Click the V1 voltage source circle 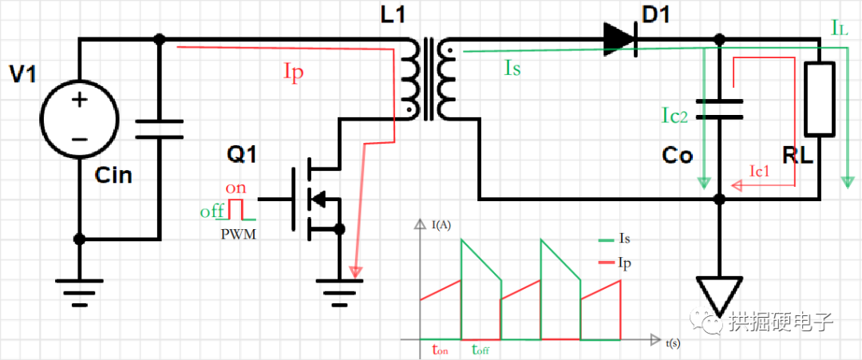pyautogui.click(x=79, y=119)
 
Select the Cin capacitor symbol pyautogui.click(x=159, y=129)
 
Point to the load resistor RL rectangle pyautogui.click(x=820, y=99)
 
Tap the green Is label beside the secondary pyautogui.click(x=512, y=68)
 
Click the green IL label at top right pyautogui.click(x=840, y=29)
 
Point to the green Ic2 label pyautogui.click(x=675, y=117)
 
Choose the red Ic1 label pyautogui.click(x=760, y=170)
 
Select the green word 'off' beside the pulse pyautogui.click(x=212, y=212)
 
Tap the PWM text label pyautogui.click(x=239, y=235)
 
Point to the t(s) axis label pyautogui.click(x=673, y=342)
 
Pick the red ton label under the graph pyautogui.click(x=439, y=349)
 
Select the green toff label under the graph pyautogui.click(x=481, y=349)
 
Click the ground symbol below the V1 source pyautogui.click(x=79, y=291)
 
